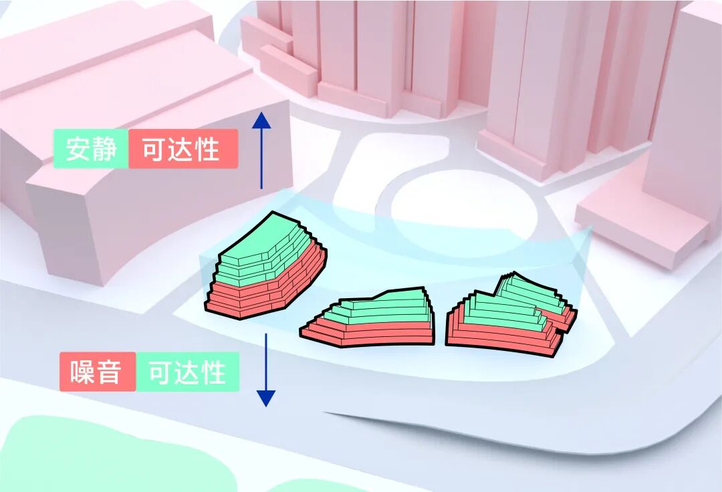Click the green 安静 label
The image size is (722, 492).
pos(90,148)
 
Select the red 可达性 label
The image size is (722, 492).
pos(183,148)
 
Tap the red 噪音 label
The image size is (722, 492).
pos(98,372)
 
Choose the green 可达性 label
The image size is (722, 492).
pos(187,372)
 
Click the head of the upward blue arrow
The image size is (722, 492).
pos(261,121)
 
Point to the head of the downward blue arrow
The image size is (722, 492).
pos(266,398)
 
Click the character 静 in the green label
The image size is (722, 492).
pos(106,148)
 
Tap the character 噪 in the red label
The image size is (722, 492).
pos(82,372)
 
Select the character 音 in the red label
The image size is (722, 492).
pos(111,372)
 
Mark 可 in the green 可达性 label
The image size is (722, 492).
pos(160,372)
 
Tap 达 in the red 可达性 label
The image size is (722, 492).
pos(183,148)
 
